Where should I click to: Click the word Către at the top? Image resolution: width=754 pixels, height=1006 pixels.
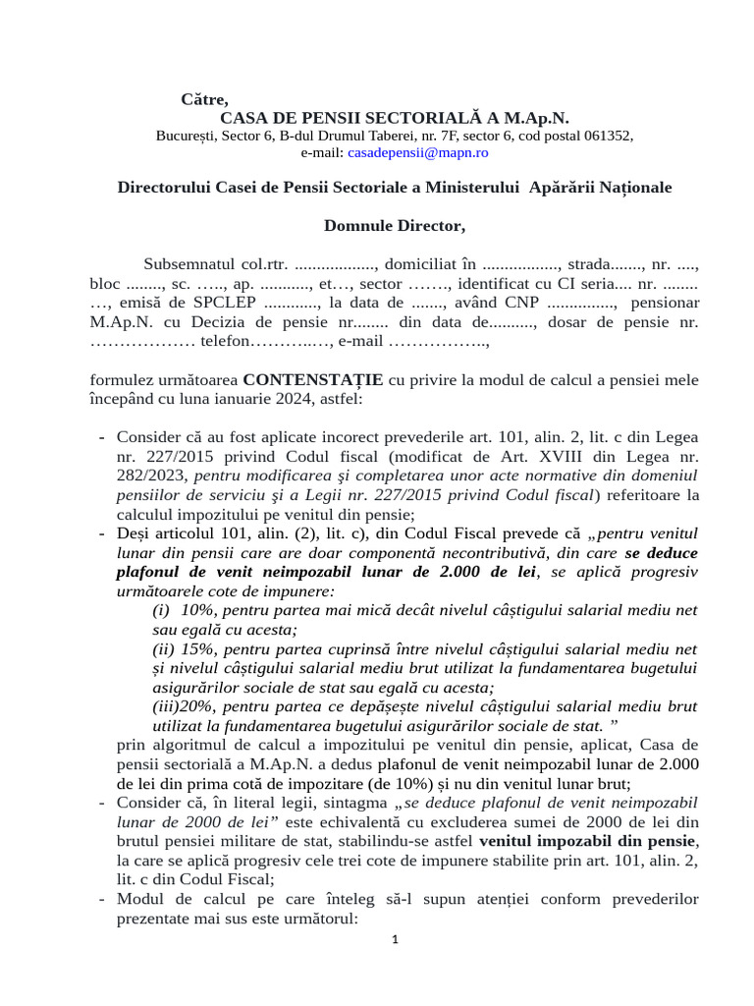tap(204, 99)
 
